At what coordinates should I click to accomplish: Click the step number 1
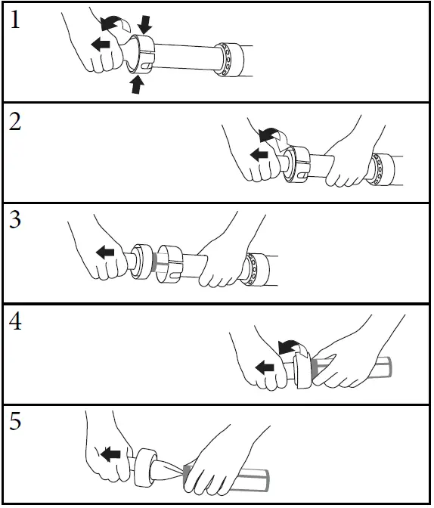[15, 20]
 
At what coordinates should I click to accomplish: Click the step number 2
[15, 122]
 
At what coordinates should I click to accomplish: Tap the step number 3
[15, 220]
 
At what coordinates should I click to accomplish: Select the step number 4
[15, 322]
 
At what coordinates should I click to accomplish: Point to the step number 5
[15, 422]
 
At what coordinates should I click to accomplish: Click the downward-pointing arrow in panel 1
[144, 24]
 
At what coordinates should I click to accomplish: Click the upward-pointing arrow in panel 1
[137, 84]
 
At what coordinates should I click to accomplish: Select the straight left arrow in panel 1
[101, 45]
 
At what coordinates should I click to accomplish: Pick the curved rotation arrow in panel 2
[270, 134]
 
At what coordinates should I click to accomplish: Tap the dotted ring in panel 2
[382, 169]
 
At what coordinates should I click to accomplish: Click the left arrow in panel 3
[105, 252]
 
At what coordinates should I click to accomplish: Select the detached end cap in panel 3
[141, 261]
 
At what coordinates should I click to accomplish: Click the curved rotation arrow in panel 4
[289, 347]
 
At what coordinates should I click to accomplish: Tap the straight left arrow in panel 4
[265, 367]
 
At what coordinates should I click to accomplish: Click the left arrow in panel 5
[110, 454]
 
